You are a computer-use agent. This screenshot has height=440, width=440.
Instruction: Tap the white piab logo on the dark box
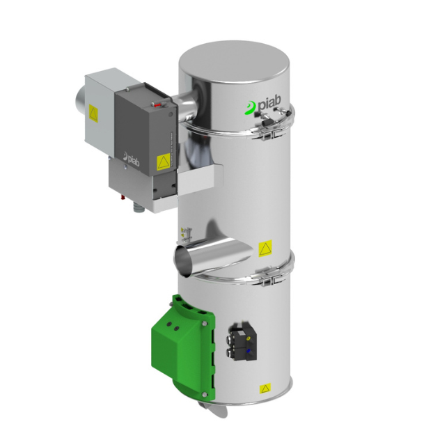pyautogui.click(x=131, y=159)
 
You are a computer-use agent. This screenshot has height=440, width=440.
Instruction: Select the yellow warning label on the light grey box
pyautogui.click(x=93, y=113)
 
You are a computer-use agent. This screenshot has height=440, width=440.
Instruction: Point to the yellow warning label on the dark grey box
pyautogui.click(x=164, y=162)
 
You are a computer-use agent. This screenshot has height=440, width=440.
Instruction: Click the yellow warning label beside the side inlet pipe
pyautogui.click(x=265, y=248)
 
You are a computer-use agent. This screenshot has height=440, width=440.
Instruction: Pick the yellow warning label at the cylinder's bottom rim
pyautogui.click(x=265, y=388)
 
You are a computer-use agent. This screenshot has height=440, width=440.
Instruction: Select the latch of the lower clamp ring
pyautogui.click(x=270, y=278)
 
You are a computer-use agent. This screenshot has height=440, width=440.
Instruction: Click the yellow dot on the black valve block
pyautogui.click(x=248, y=339)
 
